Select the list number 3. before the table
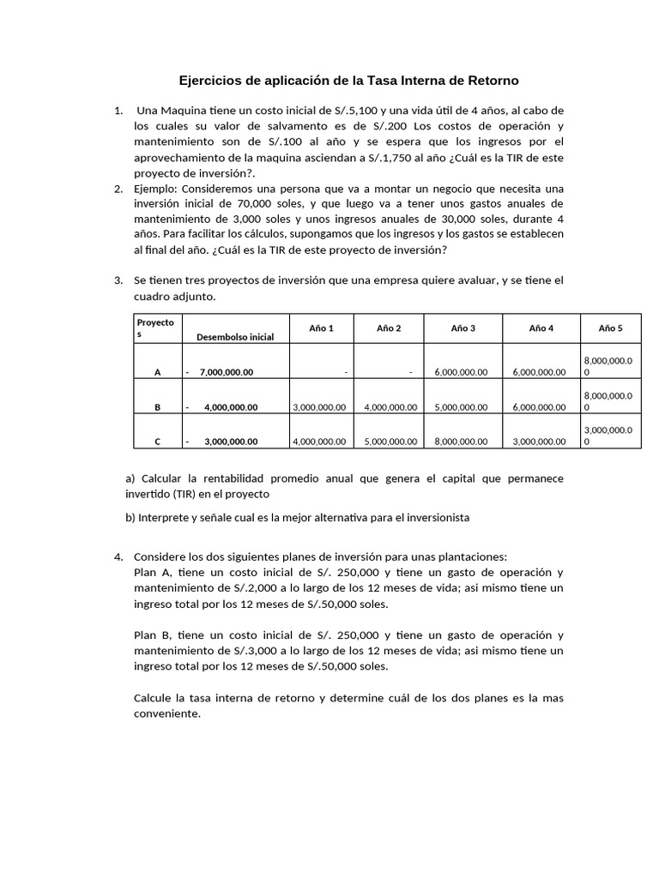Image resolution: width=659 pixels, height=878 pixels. pos(118,280)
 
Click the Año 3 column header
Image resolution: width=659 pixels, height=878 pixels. pos(462,328)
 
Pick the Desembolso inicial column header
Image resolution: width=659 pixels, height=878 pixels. pos(235,337)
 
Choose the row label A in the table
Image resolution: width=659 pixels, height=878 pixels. pos(157,372)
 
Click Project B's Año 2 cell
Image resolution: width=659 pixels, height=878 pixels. pos(390,407)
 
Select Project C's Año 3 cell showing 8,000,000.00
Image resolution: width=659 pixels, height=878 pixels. pos(462,442)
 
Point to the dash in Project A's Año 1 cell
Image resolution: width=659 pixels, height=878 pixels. pos(345,372)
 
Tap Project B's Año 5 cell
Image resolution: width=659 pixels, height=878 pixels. pos(608,401)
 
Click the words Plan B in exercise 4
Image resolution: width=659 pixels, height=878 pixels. pos(154,635)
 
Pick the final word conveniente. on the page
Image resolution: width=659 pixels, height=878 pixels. pos(166,713)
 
